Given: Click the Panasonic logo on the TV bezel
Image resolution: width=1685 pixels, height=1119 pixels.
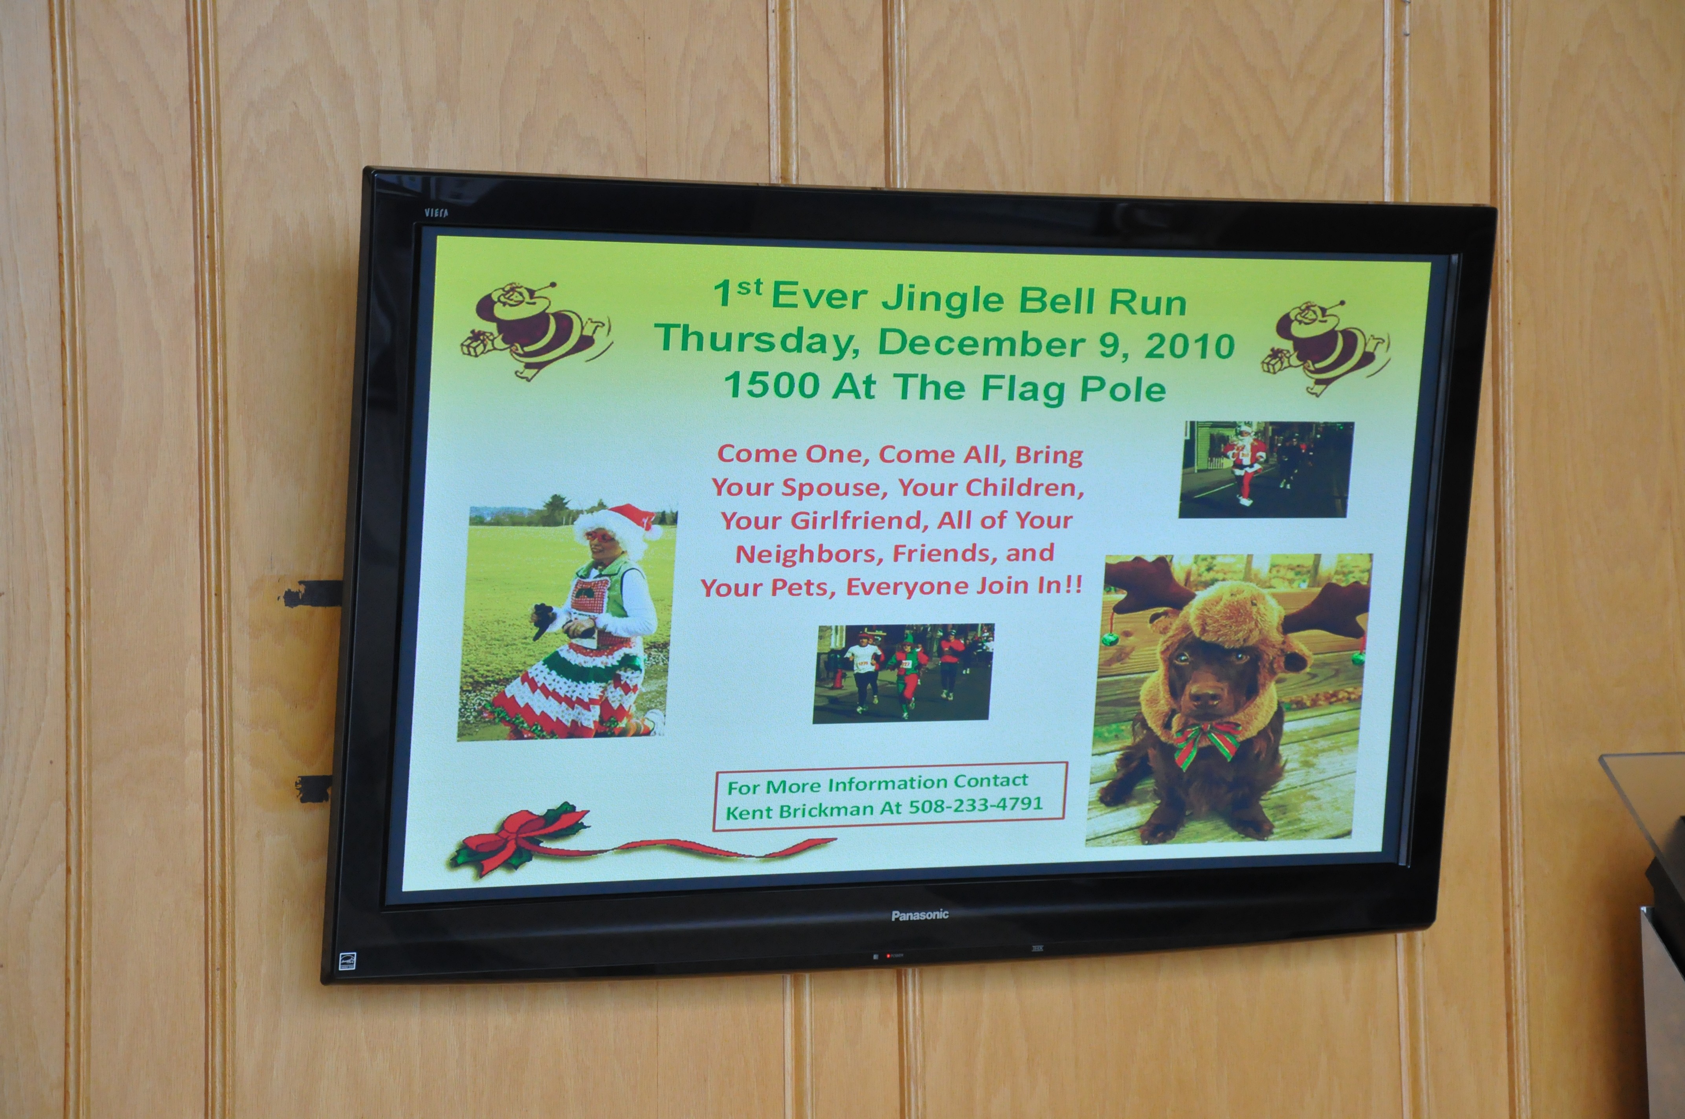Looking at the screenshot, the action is click(x=920, y=915).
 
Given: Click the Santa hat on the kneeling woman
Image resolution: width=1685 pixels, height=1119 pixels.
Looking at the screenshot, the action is click(x=619, y=523).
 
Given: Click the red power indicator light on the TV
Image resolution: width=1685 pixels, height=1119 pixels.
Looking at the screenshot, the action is click(x=888, y=956).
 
